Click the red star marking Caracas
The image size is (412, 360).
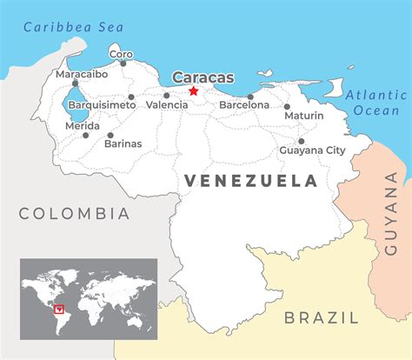(194, 90)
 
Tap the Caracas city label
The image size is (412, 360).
(203, 77)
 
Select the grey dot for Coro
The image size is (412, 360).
(123, 63)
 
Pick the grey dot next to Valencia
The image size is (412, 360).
(166, 96)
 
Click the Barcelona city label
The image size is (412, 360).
(244, 104)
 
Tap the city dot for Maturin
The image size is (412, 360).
(287, 107)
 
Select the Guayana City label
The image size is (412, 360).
(312, 150)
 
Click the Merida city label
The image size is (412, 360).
(83, 125)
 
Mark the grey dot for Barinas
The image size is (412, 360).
(110, 135)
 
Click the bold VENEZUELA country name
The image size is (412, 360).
(249, 181)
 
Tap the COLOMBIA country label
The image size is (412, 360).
(74, 213)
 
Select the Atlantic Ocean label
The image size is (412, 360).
(374, 103)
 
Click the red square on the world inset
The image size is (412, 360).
(59, 307)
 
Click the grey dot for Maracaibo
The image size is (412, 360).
(75, 83)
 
